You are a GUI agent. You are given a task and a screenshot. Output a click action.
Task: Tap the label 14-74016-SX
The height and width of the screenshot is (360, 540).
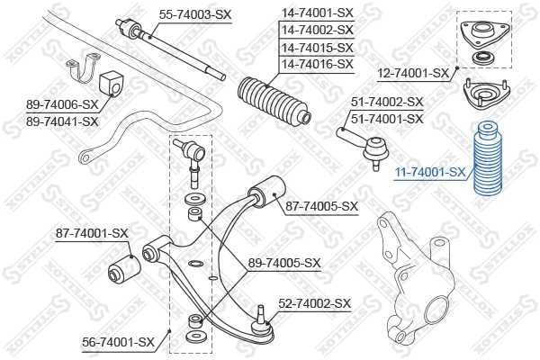click(x=317, y=64)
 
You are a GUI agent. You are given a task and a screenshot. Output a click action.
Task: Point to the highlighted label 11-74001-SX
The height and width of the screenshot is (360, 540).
click(x=430, y=171)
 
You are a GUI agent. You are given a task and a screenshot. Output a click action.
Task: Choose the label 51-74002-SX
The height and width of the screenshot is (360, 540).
click(x=387, y=103)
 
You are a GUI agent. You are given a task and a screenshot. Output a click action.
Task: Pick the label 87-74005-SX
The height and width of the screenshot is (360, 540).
click(x=321, y=206)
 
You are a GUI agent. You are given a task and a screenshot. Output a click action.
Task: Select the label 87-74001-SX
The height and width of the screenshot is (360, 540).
click(x=92, y=233)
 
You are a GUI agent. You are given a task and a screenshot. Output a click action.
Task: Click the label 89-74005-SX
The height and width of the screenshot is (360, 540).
click(x=284, y=263)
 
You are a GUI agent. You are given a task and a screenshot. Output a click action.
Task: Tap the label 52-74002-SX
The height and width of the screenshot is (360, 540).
click(x=314, y=304)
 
